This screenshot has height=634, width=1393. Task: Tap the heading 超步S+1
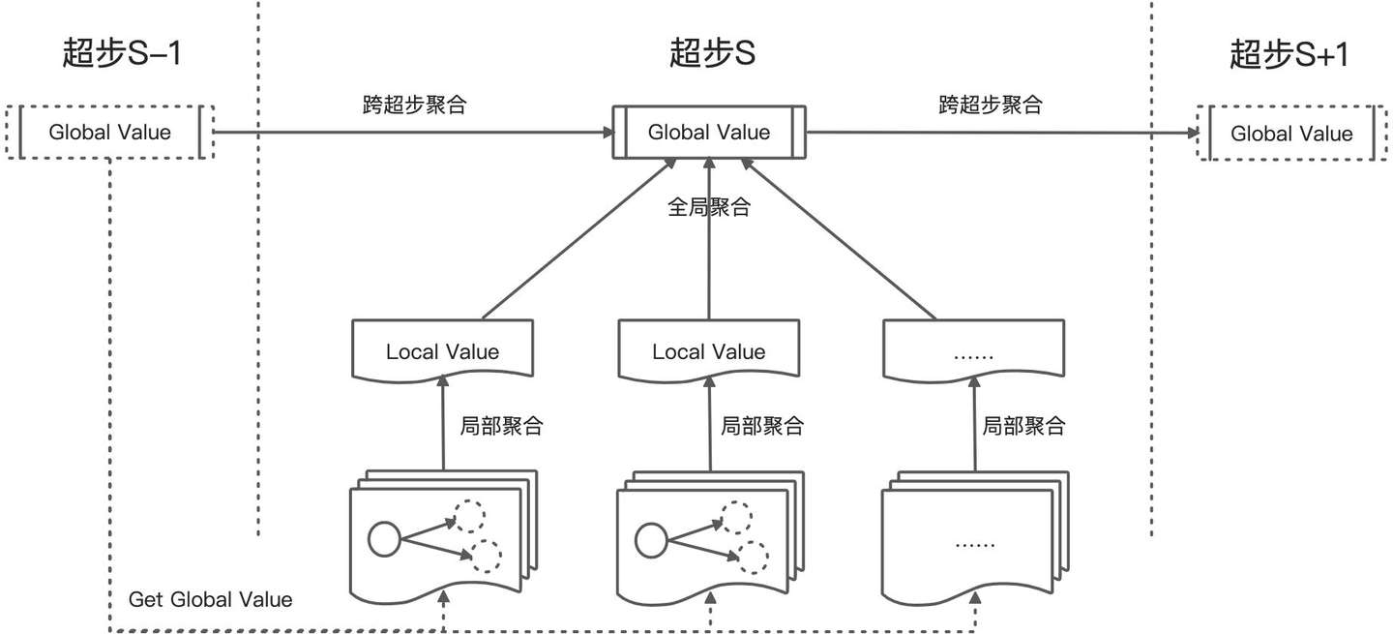1289,54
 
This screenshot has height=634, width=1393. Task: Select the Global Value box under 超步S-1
109,132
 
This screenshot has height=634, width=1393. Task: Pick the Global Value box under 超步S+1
1291,134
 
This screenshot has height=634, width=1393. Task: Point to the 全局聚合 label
709,207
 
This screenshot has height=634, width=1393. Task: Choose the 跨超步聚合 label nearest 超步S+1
990,105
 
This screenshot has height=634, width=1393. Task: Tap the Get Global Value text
210,599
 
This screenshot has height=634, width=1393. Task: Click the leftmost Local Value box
442,351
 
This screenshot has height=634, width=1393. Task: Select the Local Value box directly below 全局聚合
709,351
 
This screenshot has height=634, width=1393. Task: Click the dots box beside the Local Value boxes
974,351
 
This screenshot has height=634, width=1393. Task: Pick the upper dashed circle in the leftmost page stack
471,516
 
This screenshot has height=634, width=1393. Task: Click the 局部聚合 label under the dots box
1023,426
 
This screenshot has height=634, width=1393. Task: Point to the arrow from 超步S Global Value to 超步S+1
996,133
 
